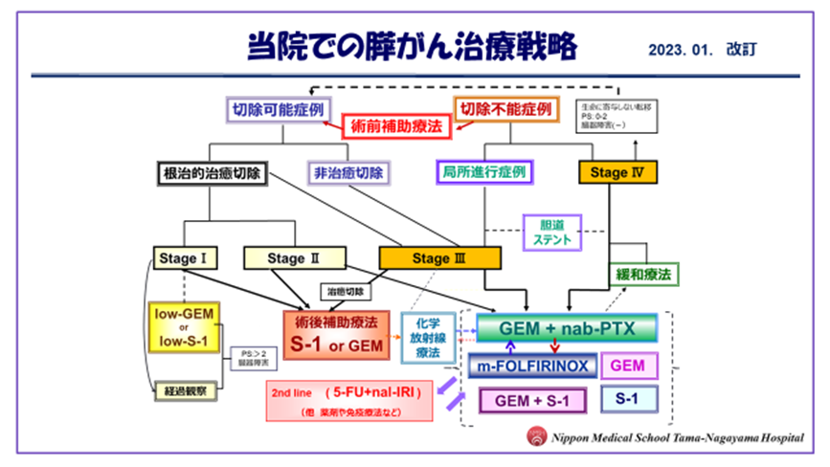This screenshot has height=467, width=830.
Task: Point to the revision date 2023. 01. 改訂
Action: (708, 48)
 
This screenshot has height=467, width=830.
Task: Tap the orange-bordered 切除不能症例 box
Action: (505, 108)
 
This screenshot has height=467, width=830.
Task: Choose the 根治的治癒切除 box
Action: (208, 174)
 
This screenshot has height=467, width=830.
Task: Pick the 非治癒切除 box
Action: (348, 174)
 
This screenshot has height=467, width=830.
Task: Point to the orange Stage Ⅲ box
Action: (440, 257)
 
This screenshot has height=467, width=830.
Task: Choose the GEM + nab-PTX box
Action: (567, 328)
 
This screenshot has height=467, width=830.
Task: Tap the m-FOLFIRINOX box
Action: (533, 365)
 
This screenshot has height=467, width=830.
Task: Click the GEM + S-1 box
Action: (533, 400)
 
